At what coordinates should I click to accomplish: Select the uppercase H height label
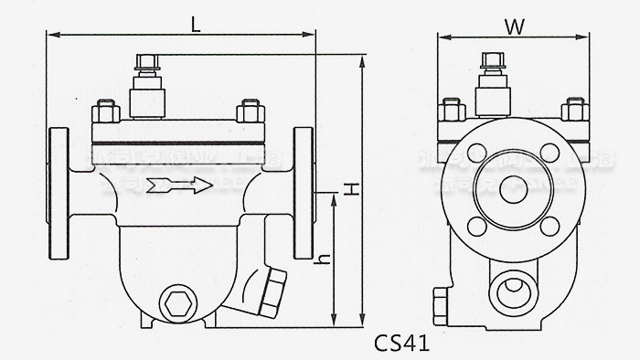pyautogui.click(x=348, y=189)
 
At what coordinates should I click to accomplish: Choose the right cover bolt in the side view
pyautogui.click(x=247, y=111)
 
